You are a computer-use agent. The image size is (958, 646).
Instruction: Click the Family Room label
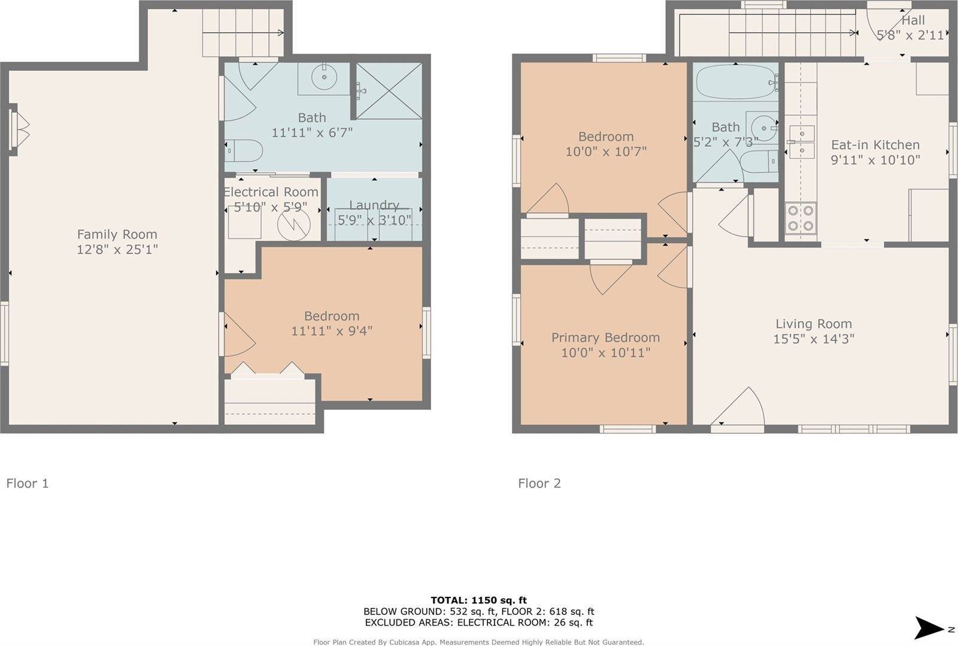[x=117, y=234]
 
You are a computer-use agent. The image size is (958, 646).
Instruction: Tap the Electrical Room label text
[x=271, y=192]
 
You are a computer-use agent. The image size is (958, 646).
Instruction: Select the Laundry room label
[x=374, y=205]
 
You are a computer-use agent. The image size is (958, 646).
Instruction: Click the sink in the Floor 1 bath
[x=324, y=78]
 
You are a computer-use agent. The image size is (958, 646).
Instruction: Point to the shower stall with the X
[x=389, y=91]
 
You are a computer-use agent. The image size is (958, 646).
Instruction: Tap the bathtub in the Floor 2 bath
[x=736, y=81]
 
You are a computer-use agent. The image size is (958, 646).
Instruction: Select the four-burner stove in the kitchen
[x=801, y=218]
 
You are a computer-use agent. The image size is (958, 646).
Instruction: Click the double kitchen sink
[x=801, y=141]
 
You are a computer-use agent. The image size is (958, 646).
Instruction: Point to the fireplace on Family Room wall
[x=19, y=131]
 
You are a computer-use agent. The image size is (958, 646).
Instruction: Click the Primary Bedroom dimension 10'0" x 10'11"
[x=605, y=352]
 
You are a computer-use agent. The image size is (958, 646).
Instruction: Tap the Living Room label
[x=813, y=324]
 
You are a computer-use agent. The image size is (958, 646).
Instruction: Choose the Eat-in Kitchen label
[x=875, y=145]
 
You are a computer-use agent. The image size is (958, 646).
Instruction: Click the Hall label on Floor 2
[x=913, y=20]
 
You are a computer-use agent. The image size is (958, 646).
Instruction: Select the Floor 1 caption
[x=28, y=483]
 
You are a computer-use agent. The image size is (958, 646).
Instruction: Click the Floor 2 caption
[x=539, y=483]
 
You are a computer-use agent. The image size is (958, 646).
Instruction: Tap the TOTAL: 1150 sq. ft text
[x=478, y=600]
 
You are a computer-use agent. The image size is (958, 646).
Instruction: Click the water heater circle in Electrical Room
[x=293, y=224]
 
